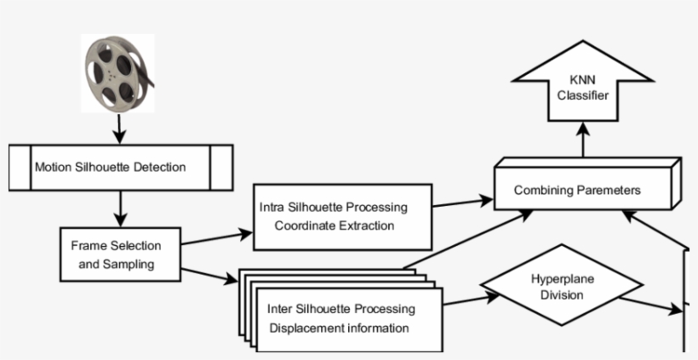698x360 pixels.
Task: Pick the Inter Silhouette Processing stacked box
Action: [x=349, y=317]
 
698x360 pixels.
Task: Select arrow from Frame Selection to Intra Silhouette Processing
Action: [x=217, y=237]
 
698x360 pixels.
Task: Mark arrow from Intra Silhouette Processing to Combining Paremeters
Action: [x=462, y=202]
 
